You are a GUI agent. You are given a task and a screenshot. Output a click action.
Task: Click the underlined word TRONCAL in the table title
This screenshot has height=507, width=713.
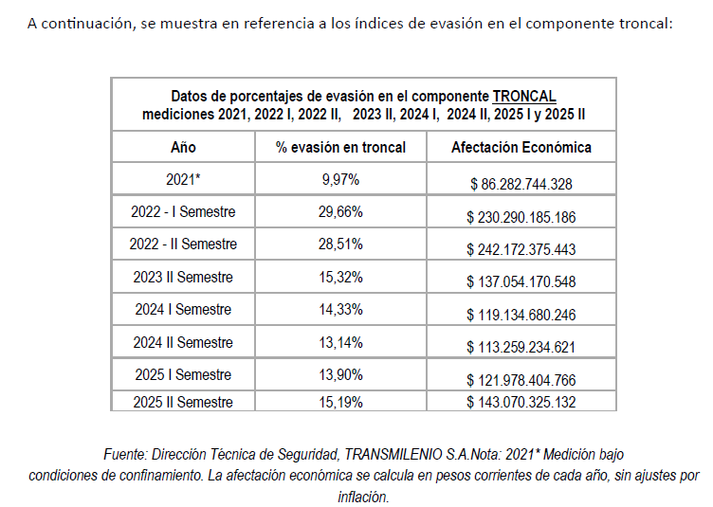(x=523, y=96)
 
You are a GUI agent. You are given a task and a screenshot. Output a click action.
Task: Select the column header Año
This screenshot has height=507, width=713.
(x=183, y=147)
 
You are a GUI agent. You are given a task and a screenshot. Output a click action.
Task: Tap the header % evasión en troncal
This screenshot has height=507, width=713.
(x=340, y=147)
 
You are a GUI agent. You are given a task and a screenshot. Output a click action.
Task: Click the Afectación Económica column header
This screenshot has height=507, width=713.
(x=521, y=147)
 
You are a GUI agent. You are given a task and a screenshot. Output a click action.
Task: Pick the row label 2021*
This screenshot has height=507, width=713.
(x=183, y=178)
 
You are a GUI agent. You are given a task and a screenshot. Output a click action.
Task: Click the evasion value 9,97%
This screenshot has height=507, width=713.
(x=339, y=178)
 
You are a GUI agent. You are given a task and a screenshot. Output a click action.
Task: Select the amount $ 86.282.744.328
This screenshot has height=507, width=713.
(x=521, y=184)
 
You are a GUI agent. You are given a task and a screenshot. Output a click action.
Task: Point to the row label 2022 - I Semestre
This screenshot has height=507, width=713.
(x=183, y=211)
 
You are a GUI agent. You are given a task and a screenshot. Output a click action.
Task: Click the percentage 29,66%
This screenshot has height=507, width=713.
(x=339, y=211)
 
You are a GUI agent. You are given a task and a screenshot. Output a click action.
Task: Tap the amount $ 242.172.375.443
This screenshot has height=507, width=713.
(x=521, y=249)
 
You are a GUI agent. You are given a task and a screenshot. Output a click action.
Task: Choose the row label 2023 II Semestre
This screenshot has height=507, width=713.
(x=183, y=278)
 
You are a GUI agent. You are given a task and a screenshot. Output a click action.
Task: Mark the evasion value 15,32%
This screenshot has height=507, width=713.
(x=339, y=278)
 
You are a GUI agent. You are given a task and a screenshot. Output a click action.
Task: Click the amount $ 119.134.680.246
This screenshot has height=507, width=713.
(x=521, y=315)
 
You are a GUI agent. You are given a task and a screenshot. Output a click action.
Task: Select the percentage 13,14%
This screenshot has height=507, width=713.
(x=339, y=342)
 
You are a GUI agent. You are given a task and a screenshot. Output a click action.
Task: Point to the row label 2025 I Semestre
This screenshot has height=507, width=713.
(x=183, y=375)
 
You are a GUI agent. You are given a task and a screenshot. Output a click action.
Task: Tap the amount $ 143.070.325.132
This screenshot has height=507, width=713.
(x=521, y=402)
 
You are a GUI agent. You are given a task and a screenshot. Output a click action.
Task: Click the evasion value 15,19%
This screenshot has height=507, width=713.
(x=339, y=402)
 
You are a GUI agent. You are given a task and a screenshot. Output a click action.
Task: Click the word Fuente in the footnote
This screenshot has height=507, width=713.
(x=126, y=454)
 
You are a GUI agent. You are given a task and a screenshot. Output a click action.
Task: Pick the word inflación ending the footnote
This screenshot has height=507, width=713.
(x=363, y=496)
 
